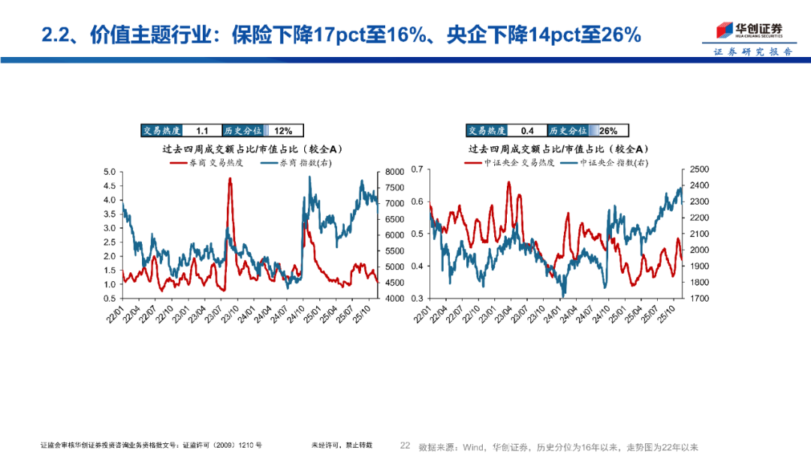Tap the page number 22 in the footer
405,445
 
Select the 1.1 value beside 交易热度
191,130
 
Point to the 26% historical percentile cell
607,130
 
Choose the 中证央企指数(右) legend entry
611,162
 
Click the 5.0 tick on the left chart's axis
109,172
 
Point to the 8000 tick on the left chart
393,172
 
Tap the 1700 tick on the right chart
699,298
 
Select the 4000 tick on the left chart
393,298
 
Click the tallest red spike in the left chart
229,179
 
